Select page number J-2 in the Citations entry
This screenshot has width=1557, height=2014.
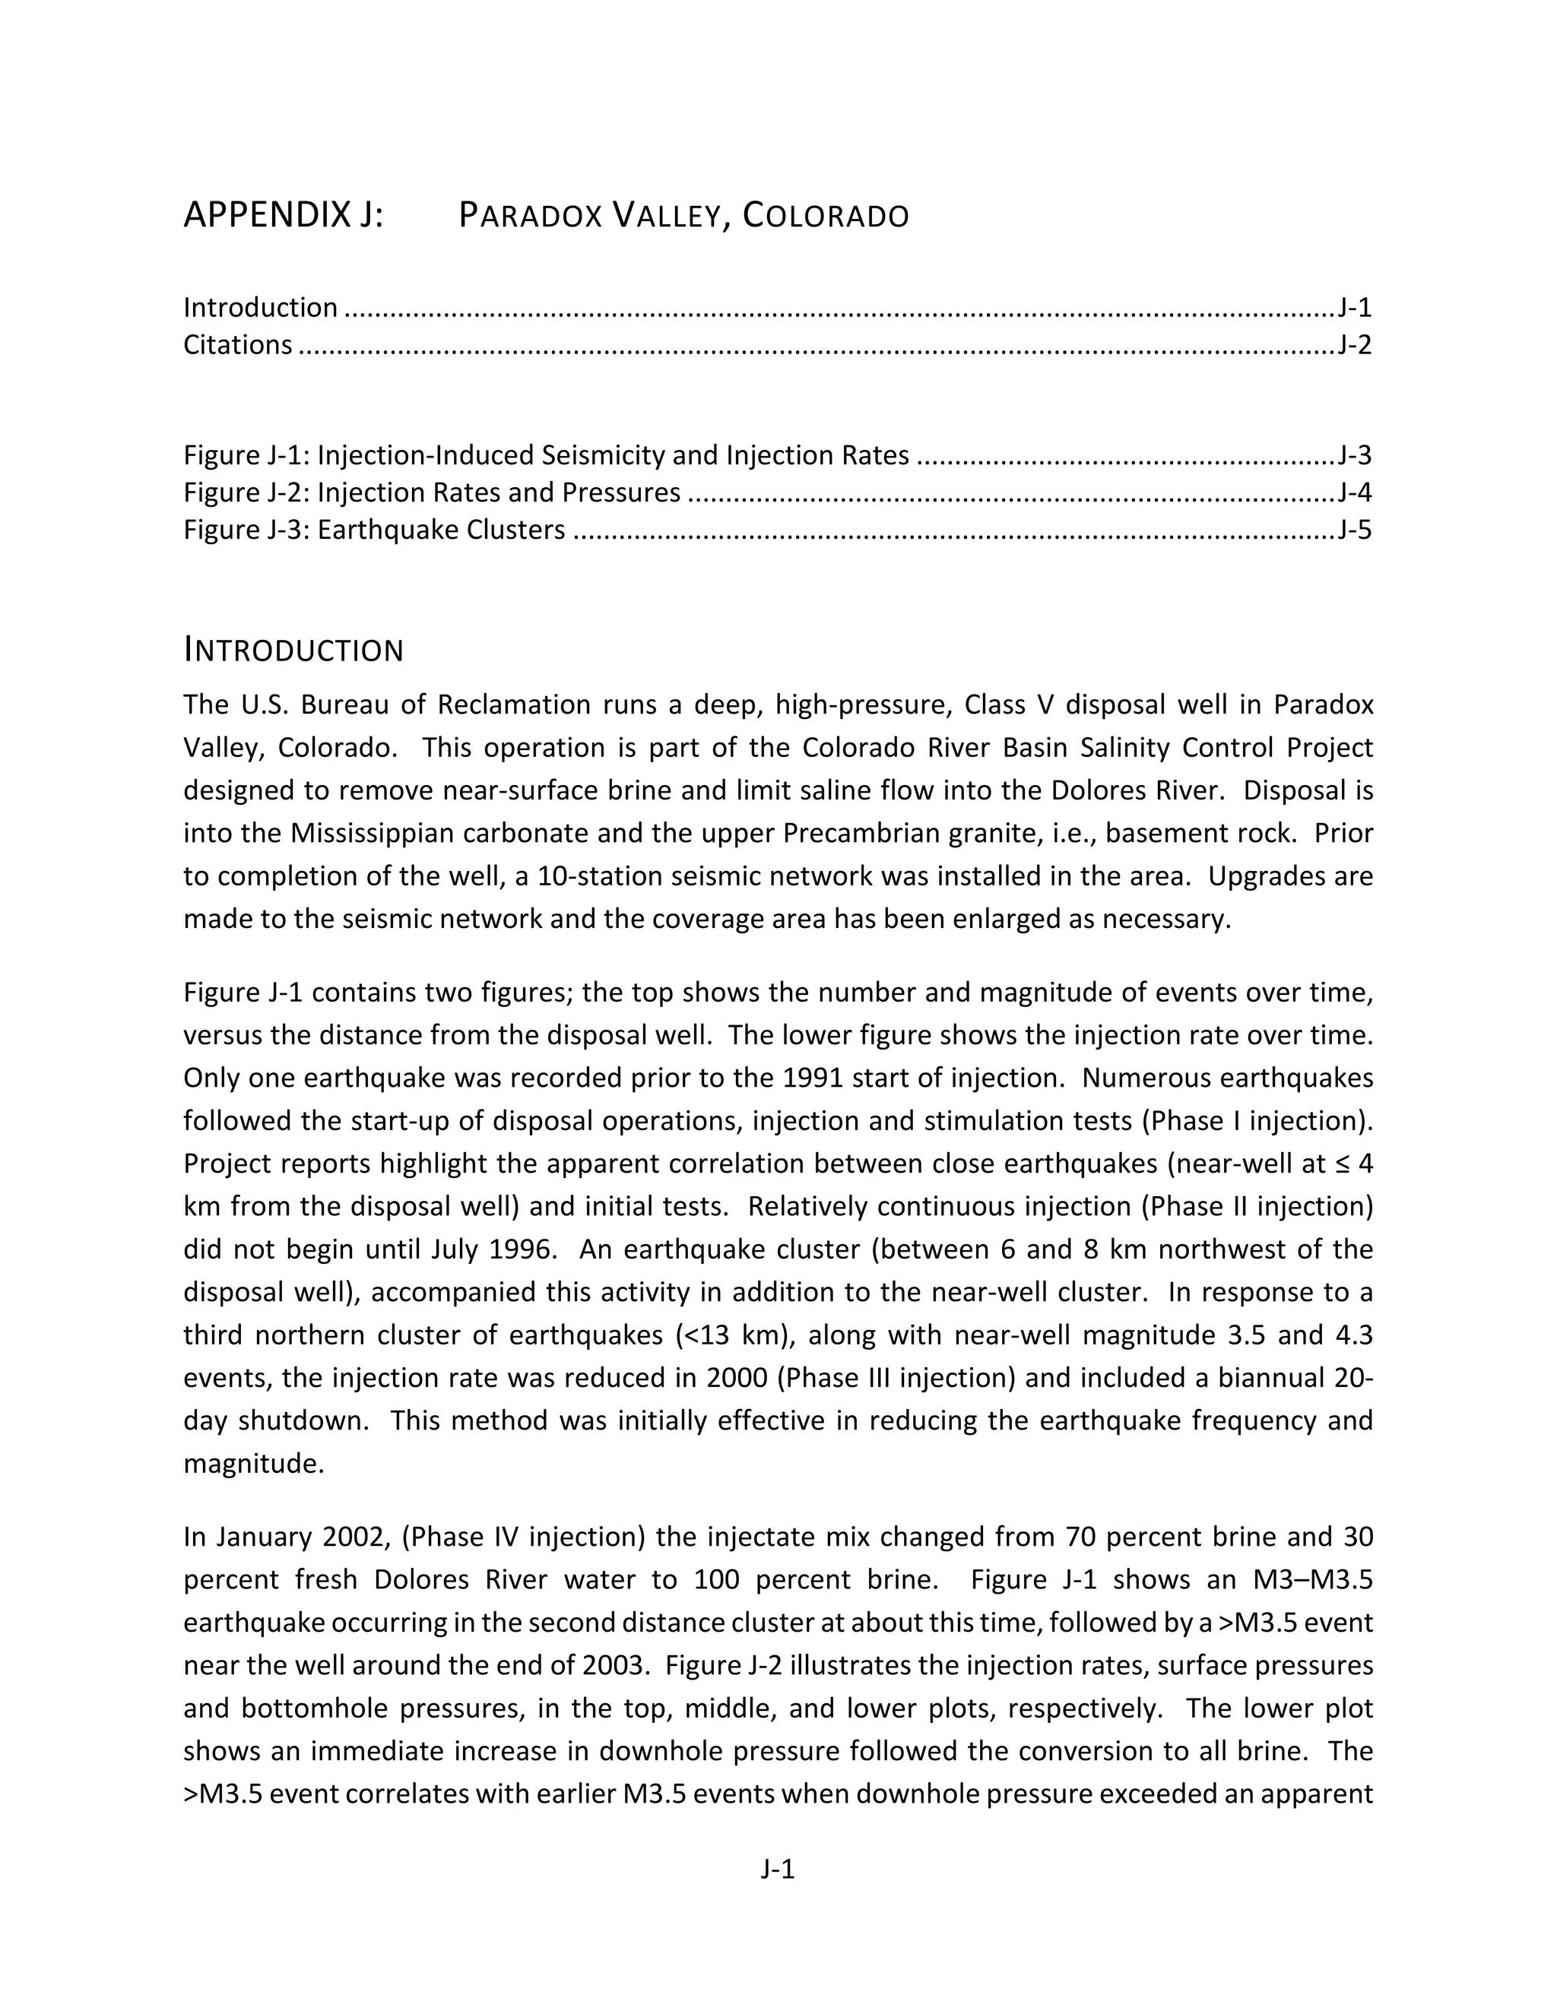(1354, 345)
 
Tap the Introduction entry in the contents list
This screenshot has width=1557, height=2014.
(260, 307)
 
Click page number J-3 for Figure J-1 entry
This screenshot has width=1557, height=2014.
(1354, 455)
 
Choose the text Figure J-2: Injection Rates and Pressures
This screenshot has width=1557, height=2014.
(432, 492)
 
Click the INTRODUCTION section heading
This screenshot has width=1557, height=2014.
(293, 650)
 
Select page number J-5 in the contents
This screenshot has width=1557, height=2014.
(1354, 530)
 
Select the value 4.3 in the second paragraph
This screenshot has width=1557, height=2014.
(1353, 1335)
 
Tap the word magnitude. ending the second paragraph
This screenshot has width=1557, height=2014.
(254, 1464)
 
